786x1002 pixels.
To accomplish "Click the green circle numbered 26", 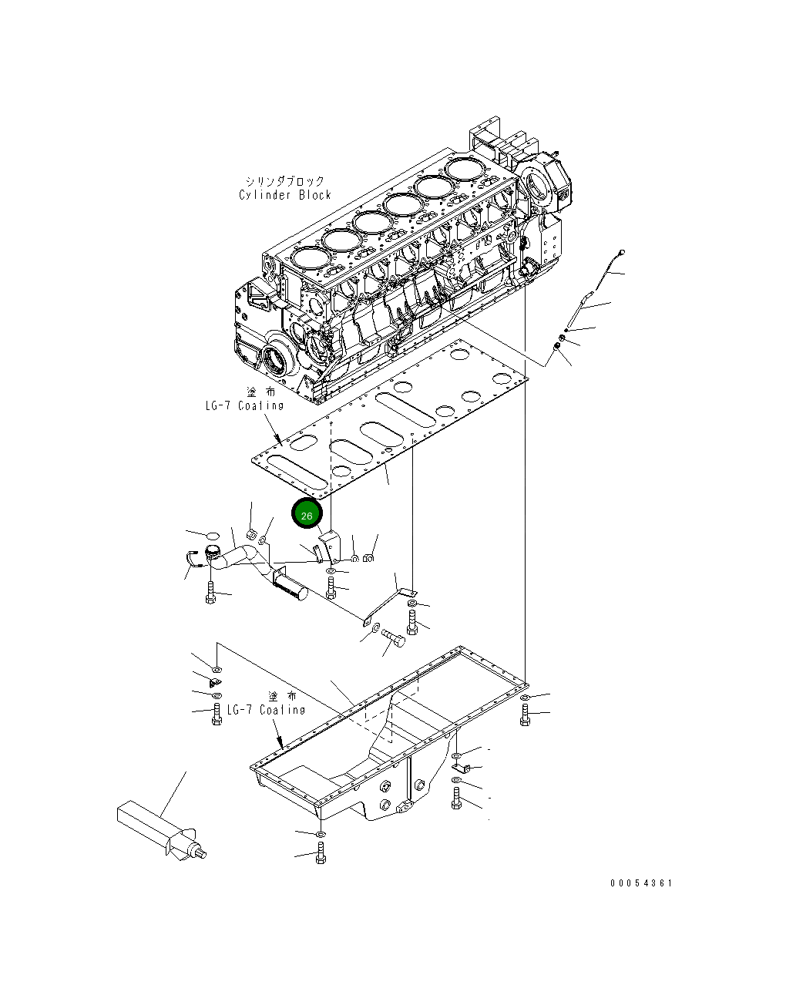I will pyautogui.click(x=307, y=515).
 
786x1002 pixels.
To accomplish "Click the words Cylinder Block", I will pyautogui.click(x=284, y=195).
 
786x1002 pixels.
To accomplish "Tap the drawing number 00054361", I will pyautogui.click(x=641, y=883).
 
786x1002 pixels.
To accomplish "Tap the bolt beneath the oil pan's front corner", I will pyautogui.click(x=321, y=854).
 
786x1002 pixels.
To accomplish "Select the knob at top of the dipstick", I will pyautogui.click(x=622, y=252).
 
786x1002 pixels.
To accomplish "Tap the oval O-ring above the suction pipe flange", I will pyautogui.click(x=213, y=534).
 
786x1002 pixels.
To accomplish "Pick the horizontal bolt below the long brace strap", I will pyautogui.click(x=394, y=637).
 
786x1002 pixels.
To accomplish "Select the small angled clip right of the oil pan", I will pyautogui.click(x=457, y=768).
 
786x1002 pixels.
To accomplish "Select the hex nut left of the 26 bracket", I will pyautogui.click(x=250, y=533).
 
